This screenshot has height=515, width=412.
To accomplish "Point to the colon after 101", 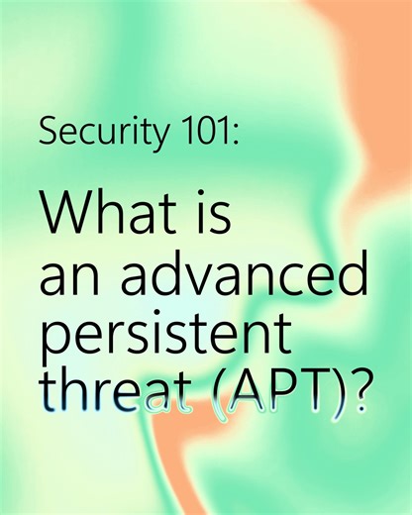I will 235,135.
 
